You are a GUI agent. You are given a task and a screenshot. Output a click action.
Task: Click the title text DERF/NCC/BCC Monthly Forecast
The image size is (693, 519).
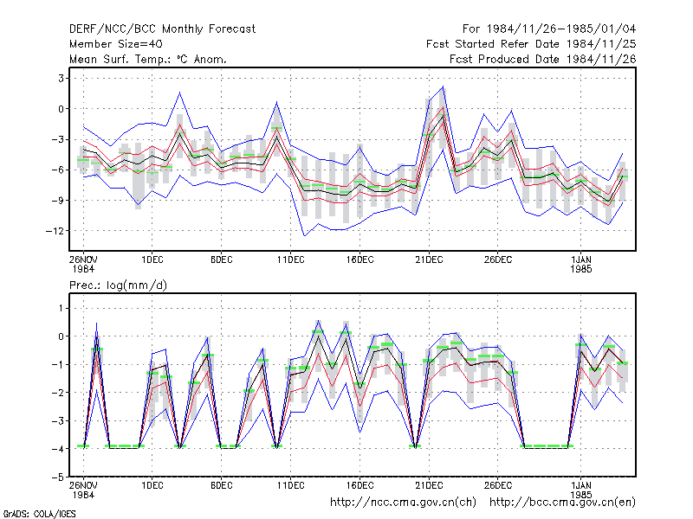(x=162, y=29)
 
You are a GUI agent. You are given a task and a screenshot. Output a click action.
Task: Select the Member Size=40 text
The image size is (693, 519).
(x=116, y=44)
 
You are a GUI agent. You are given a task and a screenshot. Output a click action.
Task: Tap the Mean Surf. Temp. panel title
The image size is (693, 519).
(x=148, y=59)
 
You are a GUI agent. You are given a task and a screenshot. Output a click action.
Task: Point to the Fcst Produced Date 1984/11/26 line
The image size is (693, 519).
(x=543, y=59)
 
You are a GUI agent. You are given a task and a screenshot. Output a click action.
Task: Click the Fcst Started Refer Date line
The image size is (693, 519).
(x=531, y=44)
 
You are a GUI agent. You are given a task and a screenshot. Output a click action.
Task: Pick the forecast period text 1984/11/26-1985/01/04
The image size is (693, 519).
(x=561, y=29)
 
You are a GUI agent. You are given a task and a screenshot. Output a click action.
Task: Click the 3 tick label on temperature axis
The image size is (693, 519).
(x=62, y=79)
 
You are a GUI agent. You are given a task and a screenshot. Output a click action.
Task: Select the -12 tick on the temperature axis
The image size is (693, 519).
(x=55, y=231)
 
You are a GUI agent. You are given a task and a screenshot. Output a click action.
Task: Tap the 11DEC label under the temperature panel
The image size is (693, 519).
(x=291, y=259)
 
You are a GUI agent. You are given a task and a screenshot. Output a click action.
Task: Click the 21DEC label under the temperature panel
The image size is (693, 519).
(x=429, y=259)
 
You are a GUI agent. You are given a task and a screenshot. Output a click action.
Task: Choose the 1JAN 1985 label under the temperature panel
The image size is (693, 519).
(x=581, y=264)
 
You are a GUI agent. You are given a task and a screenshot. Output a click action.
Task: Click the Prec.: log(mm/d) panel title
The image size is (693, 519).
(x=118, y=285)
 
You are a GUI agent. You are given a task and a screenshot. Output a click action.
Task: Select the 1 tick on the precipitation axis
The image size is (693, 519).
(x=62, y=308)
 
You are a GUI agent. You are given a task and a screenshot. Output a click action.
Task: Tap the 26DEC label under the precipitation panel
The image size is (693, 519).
(x=498, y=485)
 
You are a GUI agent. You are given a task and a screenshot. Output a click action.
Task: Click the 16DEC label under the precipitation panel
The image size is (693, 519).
(x=359, y=485)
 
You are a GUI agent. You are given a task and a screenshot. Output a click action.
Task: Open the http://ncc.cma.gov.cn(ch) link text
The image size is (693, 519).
(x=403, y=503)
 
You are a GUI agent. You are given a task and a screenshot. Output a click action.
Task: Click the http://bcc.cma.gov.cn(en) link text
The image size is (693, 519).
(x=562, y=503)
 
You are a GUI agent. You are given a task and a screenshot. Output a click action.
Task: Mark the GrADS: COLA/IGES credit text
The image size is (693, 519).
(x=40, y=514)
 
